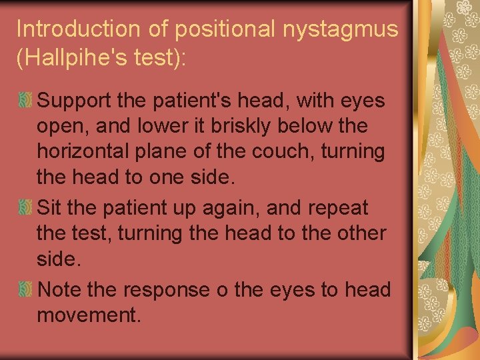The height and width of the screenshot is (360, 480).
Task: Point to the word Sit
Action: [50, 207]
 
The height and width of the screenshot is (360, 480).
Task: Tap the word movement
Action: [89, 315]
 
